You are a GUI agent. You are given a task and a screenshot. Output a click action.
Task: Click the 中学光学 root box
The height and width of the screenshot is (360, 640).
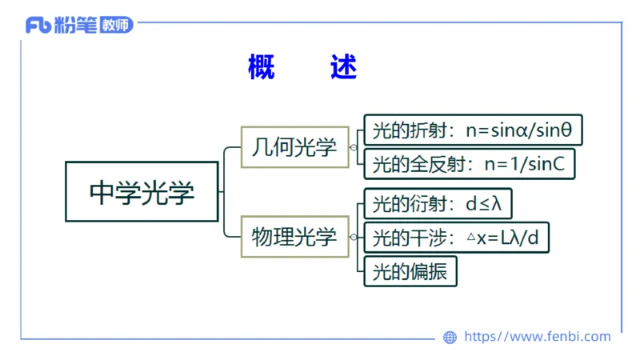[142, 192]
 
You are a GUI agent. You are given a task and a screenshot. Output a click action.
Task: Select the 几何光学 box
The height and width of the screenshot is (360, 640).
[295, 147]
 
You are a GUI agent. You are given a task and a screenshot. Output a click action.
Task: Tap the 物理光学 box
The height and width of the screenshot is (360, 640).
[295, 237]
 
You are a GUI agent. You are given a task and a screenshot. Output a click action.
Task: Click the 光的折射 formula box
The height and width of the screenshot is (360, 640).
[473, 130]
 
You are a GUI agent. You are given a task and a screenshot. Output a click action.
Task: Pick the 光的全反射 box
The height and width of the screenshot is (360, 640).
[469, 165]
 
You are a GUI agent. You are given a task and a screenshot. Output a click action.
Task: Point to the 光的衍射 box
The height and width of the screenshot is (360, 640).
[438, 203]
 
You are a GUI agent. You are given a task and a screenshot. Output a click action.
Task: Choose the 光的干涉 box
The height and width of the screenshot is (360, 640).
[456, 238]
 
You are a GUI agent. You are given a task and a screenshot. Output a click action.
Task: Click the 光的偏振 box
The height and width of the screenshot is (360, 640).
[410, 272]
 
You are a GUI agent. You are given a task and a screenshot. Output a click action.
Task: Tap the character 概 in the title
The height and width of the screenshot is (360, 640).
[262, 68]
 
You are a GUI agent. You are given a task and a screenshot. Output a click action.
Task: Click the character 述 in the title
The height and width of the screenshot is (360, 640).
[343, 68]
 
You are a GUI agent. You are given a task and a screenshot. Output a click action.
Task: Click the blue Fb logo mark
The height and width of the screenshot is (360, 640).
[38, 26]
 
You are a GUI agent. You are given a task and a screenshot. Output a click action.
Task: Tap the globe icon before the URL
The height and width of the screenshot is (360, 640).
[450, 338]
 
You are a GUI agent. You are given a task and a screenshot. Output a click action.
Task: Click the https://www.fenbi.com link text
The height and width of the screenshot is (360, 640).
[537, 337]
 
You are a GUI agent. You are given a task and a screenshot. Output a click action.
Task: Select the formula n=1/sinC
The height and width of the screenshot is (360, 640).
[525, 165]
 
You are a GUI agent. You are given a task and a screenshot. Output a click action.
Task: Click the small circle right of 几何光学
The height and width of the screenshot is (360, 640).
[354, 147]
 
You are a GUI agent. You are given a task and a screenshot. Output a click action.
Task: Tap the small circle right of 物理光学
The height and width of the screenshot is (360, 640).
[354, 237]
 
